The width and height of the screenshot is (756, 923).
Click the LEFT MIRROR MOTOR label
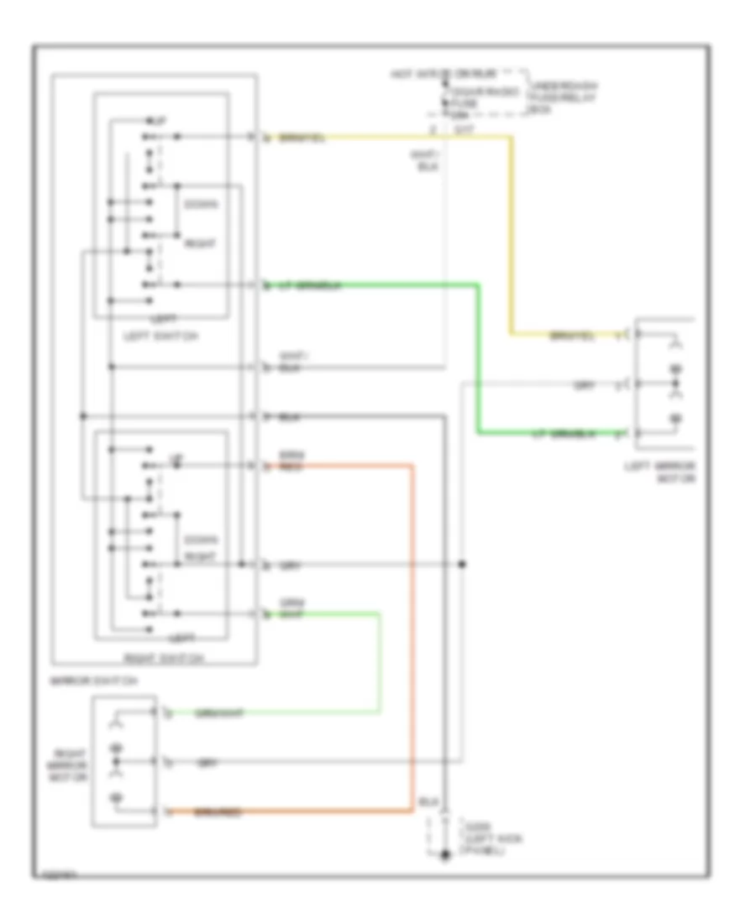[x=663, y=472]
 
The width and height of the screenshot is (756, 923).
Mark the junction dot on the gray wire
[x=462, y=564]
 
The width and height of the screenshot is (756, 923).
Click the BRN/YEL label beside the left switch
[x=301, y=137]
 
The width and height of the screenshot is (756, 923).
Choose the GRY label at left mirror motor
[x=583, y=385]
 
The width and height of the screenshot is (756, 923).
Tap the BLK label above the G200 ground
[x=427, y=803]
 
